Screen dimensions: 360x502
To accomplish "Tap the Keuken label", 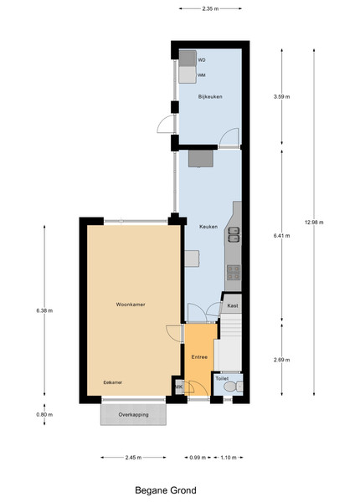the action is pos(208,227).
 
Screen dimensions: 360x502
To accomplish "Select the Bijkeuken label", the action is pos(210,97).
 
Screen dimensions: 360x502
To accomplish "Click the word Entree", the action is pos(199,357).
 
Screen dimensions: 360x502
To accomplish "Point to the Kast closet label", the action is pos(233,305).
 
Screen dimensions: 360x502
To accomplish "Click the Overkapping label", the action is pos(134,415).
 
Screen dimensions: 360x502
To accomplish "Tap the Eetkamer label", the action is pos(113,382).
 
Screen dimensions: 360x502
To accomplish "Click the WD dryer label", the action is pos(202,60).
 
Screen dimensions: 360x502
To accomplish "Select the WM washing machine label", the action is pos(202,75).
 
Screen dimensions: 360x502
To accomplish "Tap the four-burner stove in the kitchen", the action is pos(234,273).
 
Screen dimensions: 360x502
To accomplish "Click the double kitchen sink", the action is pos(234,234).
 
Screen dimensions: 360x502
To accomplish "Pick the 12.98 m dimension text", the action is pos(314,223).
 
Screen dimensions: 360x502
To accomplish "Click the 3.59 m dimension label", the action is pos(282,97).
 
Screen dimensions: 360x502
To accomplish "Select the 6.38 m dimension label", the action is pos(44,310).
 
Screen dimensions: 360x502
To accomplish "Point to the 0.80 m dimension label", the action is pos(44,415).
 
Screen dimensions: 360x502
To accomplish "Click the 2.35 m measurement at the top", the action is pos(210,9).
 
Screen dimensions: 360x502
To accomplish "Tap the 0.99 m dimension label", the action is pos(198,458).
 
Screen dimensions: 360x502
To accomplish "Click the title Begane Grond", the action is pos(166,490).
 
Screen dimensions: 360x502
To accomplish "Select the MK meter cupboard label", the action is pos(178,387).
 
